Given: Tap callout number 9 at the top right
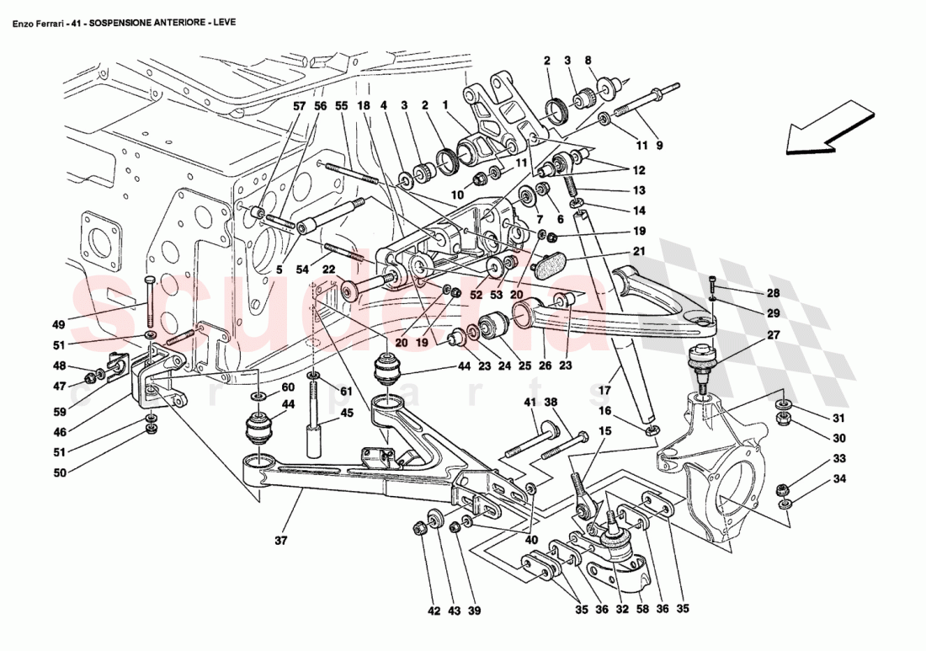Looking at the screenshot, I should (x=659, y=145).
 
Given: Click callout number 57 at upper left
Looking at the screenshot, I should (x=299, y=107).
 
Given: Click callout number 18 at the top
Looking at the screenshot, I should (x=363, y=107).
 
